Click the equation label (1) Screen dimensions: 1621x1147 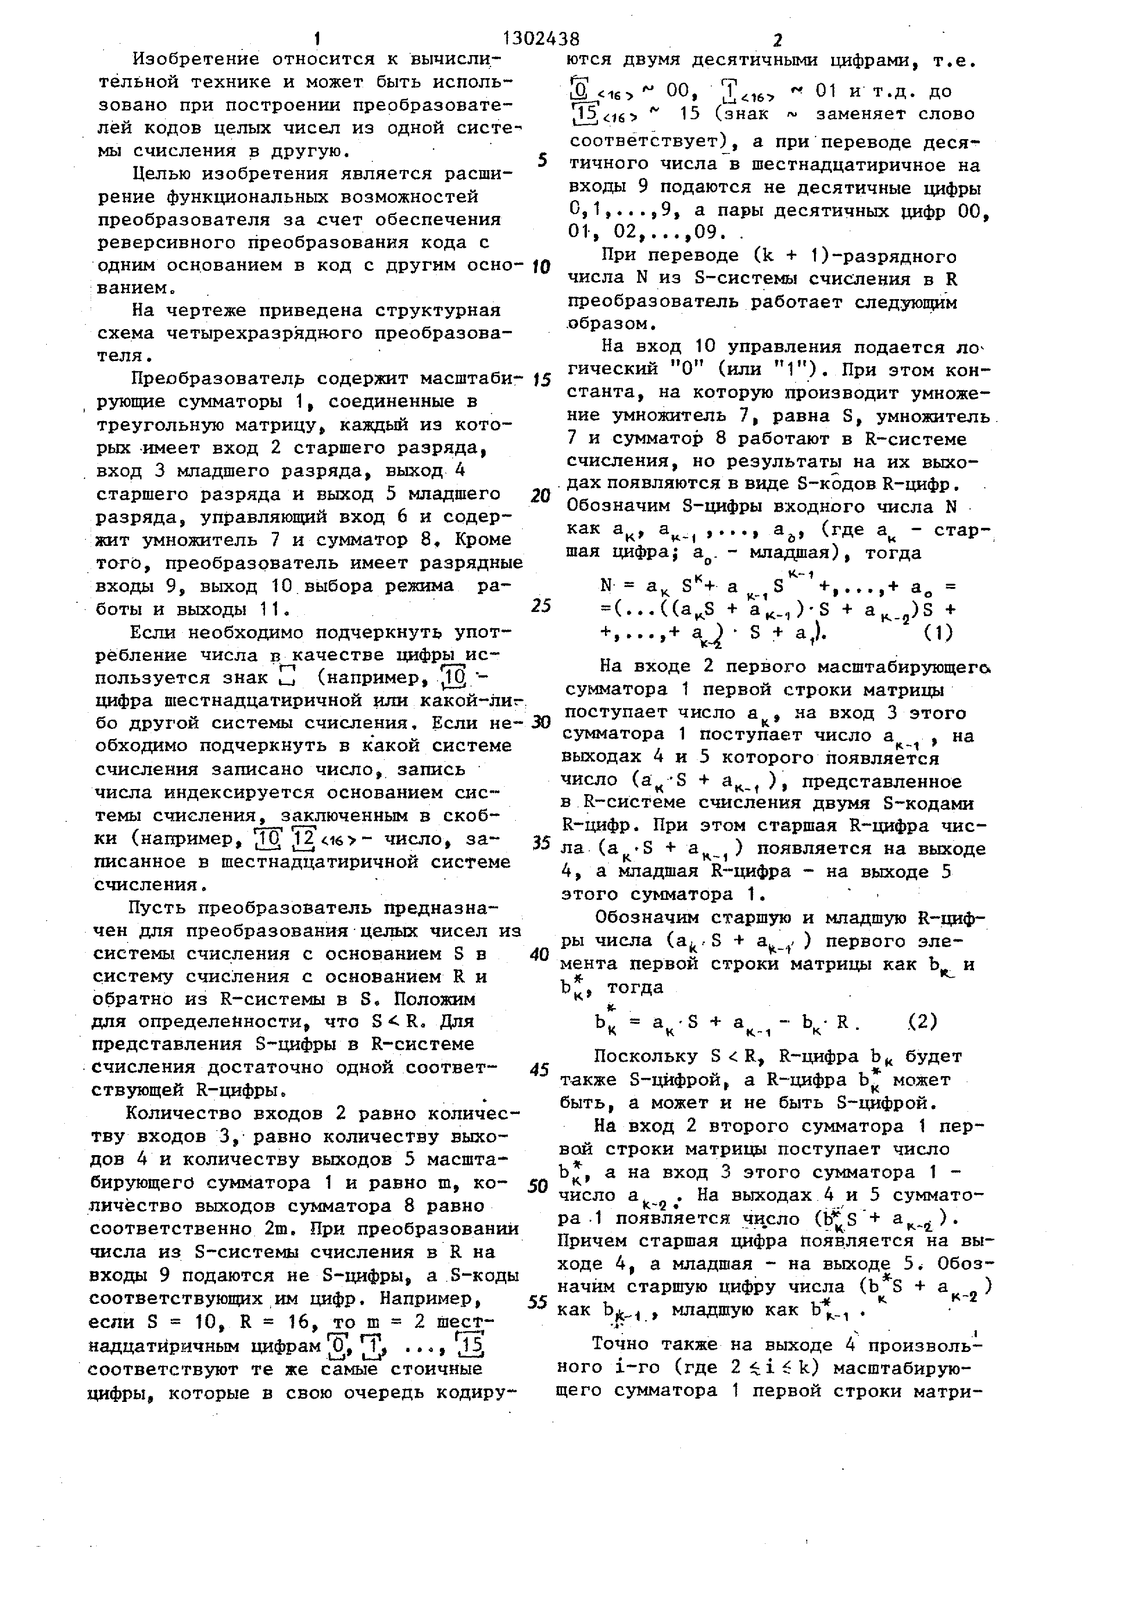point(939,633)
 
